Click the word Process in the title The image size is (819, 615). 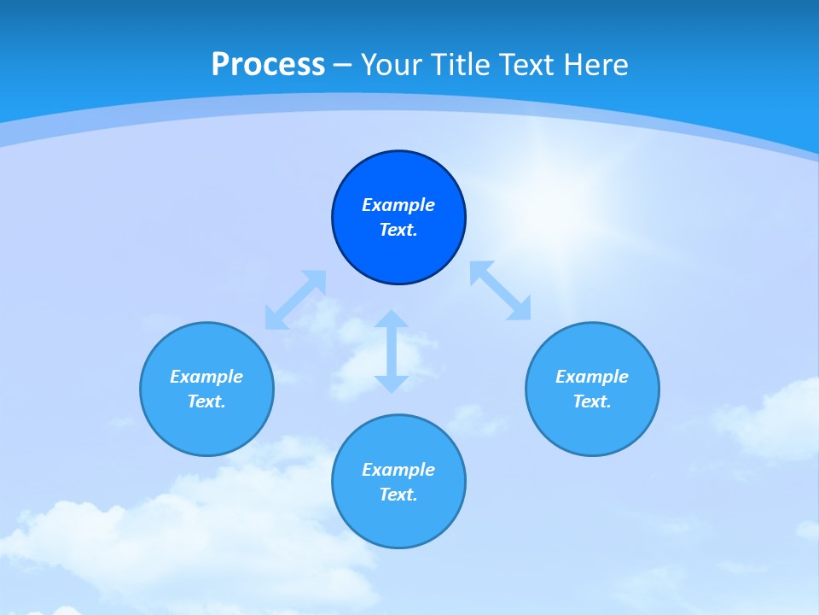(x=268, y=65)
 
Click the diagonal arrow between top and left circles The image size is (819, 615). (x=295, y=300)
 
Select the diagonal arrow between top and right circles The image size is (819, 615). (x=501, y=291)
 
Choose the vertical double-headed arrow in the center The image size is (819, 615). (x=391, y=351)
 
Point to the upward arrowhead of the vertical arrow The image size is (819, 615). (x=391, y=319)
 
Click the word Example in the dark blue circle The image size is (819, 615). (x=398, y=205)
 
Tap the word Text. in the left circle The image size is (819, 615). (x=206, y=401)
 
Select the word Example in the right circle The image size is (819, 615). (x=592, y=377)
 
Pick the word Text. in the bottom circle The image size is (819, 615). (x=398, y=495)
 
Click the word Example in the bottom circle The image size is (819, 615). (x=398, y=470)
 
